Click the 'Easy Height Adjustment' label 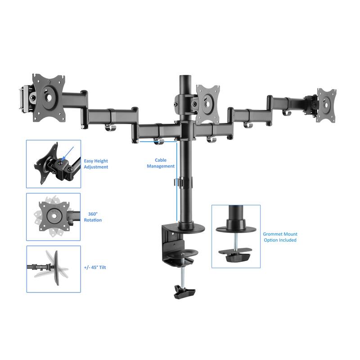[96, 164]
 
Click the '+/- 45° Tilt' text [95, 267]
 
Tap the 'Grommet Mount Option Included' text [280, 237]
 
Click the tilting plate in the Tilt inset [58, 267]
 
